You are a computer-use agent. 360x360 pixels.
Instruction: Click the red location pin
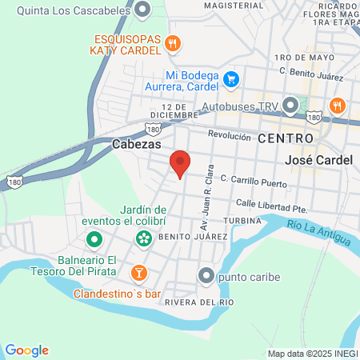(181, 163)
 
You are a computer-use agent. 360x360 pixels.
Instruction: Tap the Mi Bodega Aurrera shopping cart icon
(230, 78)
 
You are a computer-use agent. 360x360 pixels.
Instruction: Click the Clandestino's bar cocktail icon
(139, 273)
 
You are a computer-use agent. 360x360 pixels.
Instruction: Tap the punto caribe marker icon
(207, 277)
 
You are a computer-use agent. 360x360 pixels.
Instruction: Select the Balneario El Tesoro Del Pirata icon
(94, 239)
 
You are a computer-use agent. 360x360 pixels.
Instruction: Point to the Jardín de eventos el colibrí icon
(143, 238)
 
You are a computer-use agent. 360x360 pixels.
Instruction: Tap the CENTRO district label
(280, 138)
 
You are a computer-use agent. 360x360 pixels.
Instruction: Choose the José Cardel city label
(318, 160)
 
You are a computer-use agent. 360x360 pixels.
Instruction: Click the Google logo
(26, 350)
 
